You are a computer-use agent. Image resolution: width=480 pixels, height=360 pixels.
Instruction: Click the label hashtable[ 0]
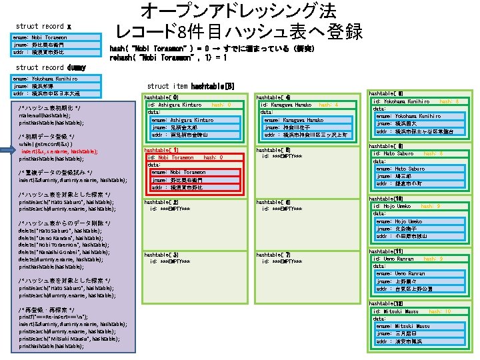tap(161, 97)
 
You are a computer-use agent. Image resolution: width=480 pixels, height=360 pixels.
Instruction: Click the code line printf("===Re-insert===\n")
tap(57, 317)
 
